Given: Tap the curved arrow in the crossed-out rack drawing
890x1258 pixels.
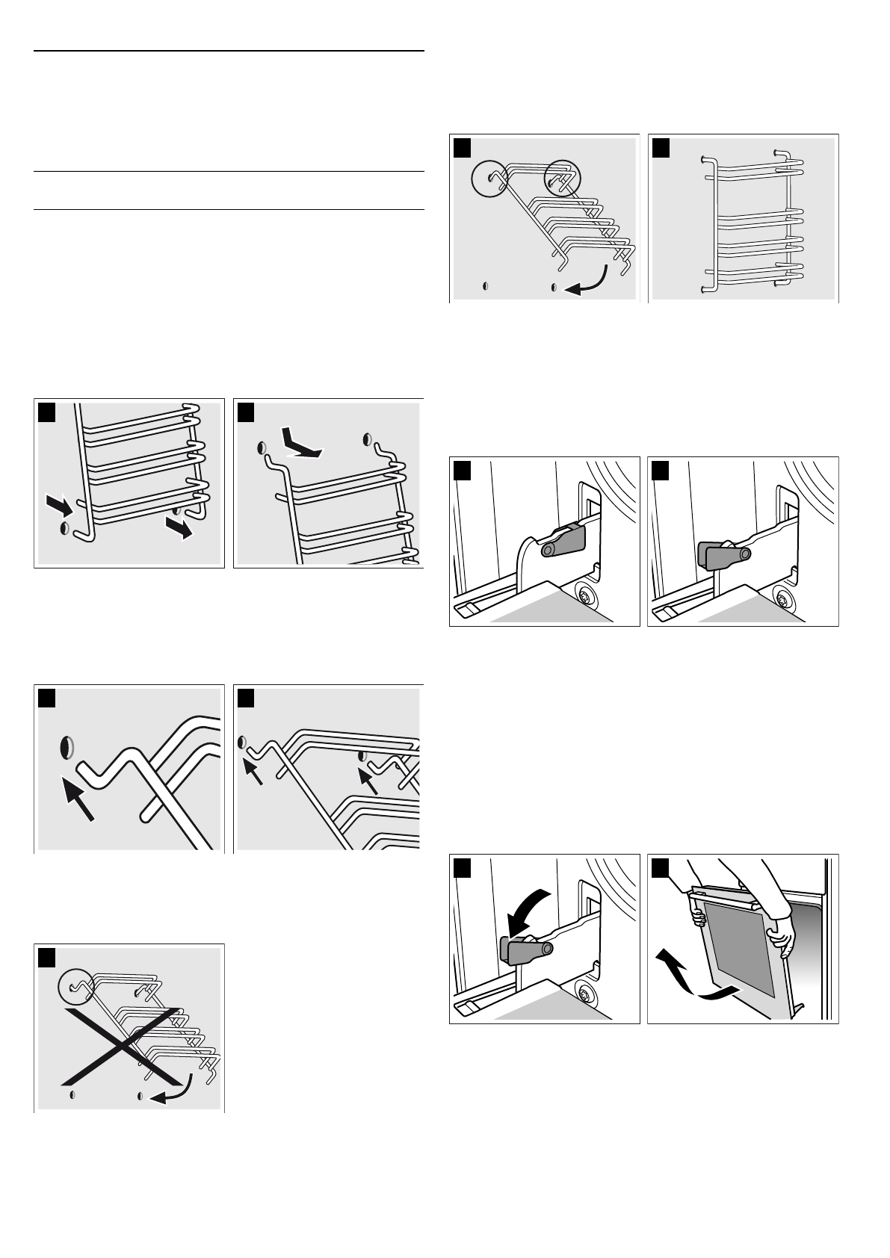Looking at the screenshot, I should pyautogui.click(x=173, y=1090).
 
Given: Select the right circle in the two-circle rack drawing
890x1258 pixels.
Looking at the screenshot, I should pyautogui.click(x=560, y=178).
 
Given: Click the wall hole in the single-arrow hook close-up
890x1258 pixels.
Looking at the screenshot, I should pyautogui.click(x=67, y=746).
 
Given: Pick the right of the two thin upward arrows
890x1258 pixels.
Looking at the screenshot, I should pyautogui.click(x=368, y=779).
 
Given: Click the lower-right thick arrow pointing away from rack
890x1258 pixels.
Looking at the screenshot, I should pyautogui.click(x=180, y=527).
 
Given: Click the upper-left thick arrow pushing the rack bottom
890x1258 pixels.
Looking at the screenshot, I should pyautogui.click(x=60, y=506).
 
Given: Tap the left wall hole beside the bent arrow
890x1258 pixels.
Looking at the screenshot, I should pyautogui.click(x=261, y=447).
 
